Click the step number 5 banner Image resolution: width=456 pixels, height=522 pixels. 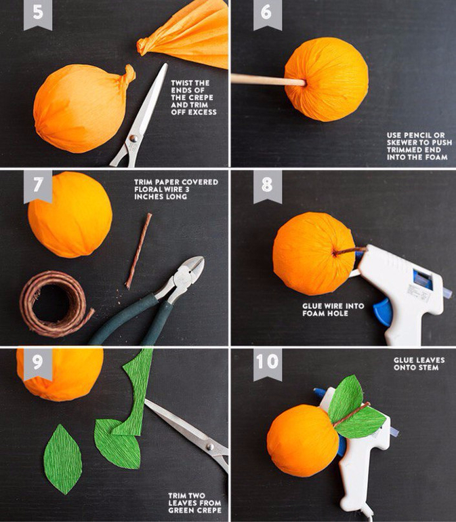pos(38,14)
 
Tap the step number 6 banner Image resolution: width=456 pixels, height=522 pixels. pos(267,14)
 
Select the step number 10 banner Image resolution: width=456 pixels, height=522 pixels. pos(267,363)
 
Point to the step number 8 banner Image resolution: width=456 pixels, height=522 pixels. pos(267,186)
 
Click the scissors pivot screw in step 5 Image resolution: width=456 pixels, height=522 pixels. pos(133,138)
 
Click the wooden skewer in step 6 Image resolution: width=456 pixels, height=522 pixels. pos(268,80)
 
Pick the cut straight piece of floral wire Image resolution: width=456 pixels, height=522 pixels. pos(138,251)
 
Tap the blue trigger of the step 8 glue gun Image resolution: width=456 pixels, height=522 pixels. pos(383,312)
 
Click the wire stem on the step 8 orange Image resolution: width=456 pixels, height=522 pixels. pos(349,251)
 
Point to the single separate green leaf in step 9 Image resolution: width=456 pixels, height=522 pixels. pos(62,460)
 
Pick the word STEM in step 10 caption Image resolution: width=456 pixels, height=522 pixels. pos(430,367)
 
